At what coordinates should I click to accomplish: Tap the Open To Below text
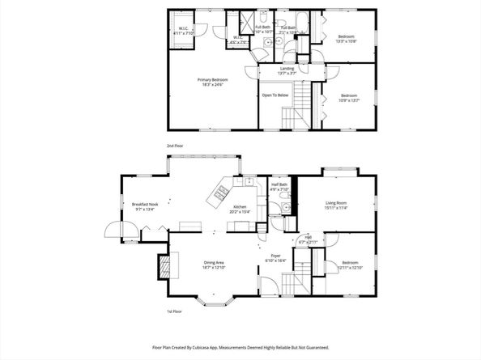275,95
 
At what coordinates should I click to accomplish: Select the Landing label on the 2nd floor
287,69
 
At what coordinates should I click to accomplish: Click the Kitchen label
240,208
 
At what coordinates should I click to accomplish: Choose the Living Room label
336,203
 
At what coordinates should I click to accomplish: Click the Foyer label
275,256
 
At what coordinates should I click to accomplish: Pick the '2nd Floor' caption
176,146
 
